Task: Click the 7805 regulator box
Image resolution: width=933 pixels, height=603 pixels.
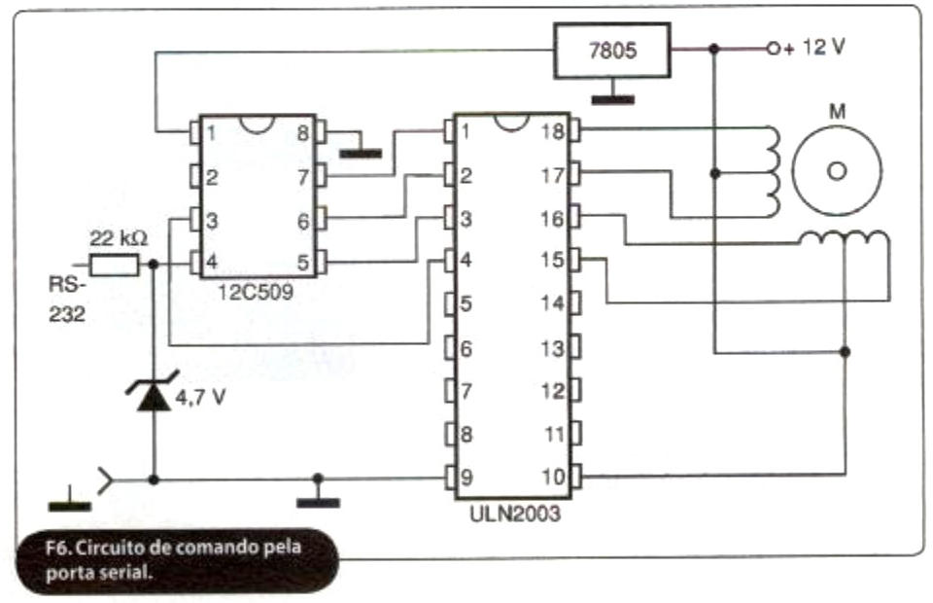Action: coord(612,51)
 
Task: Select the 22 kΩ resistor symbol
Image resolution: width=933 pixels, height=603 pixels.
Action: coord(114,265)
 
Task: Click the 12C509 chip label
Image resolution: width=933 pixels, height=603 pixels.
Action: coord(256,293)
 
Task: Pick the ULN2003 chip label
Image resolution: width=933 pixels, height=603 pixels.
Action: coord(515,514)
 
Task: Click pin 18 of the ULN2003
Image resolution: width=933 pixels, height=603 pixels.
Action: coord(574,130)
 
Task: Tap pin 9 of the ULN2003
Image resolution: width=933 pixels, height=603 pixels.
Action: coord(450,477)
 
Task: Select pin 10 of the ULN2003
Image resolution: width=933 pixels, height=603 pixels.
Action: coord(575,477)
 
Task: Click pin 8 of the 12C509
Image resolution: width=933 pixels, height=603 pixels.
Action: coord(321,132)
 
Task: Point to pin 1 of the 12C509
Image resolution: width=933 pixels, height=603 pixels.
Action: coord(195,132)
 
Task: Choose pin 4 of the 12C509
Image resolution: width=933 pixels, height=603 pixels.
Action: coord(195,263)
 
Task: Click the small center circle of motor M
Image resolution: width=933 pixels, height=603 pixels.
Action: coord(837,171)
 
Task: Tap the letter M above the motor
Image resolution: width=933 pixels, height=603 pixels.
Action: coord(837,111)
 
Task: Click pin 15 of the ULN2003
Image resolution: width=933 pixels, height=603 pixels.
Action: coord(574,259)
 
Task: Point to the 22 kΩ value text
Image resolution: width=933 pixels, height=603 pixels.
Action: coord(119,238)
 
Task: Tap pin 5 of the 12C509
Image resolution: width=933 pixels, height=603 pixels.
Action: coord(321,263)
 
